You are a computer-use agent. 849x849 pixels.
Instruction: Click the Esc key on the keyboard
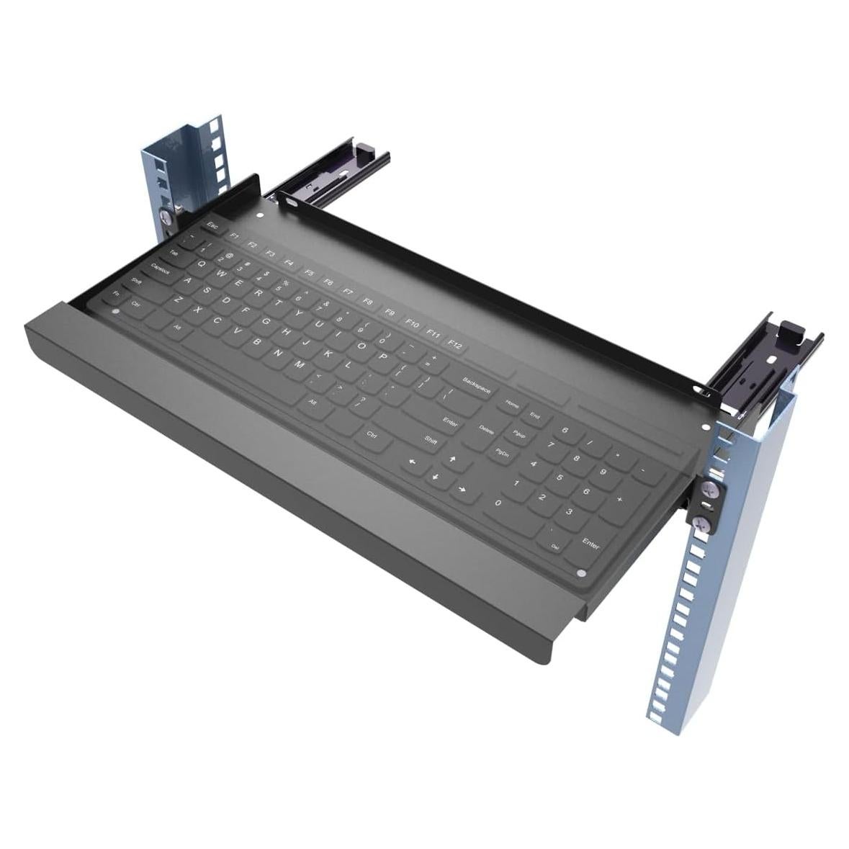click(x=212, y=225)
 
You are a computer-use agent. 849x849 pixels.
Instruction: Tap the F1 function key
click(x=233, y=235)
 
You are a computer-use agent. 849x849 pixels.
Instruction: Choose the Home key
click(x=512, y=404)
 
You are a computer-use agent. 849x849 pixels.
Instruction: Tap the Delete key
click(x=487, y=429)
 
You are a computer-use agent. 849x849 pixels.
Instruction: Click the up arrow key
click(x=452, y=459)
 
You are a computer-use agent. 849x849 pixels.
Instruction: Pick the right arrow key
click(x=459, y=490)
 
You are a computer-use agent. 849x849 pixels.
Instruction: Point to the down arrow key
click(x=435, y=476)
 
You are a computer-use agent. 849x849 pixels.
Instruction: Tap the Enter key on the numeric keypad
click(x=590, y=544)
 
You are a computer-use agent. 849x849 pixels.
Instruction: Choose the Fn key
click(x=117, y=294)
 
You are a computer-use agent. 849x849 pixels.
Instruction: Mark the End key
click(x=535, y=415)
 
